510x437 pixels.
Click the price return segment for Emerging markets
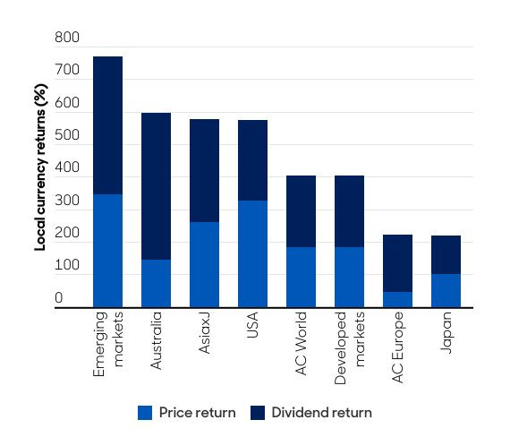coord(107,251)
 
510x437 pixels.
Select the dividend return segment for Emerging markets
coord(107,125)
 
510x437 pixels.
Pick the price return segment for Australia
coord(156,284)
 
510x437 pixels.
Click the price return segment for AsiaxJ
coord(204,265)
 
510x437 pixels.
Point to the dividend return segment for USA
coord(252,160)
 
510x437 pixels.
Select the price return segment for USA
coord(252,254)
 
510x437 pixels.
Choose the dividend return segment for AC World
coord(301,211)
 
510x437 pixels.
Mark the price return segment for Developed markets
coord(349,278)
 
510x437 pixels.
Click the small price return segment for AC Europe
coord(397,300)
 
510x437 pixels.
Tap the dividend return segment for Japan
coord(446,255)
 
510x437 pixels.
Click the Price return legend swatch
coord(145,413)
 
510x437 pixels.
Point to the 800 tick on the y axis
coord(66,39)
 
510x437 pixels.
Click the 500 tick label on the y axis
coord(66,136)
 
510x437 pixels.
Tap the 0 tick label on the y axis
coord(59,298)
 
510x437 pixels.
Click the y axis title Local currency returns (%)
coord(40,170)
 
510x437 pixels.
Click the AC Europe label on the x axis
coord(398,343)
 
